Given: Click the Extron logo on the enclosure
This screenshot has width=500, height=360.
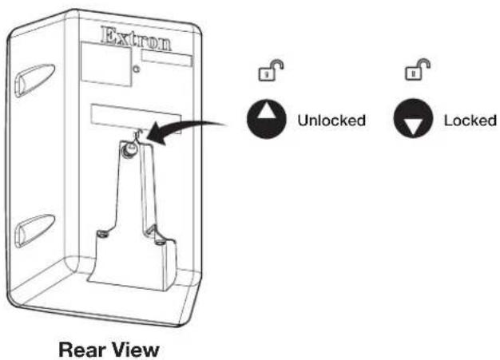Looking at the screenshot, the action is [136, 39].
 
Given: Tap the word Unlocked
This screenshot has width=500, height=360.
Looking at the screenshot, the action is [331, 121].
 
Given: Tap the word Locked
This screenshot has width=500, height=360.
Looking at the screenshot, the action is [470, 121].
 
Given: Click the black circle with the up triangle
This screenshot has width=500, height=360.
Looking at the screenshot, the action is [267, 119].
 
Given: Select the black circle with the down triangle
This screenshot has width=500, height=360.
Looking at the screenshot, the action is [413, 118].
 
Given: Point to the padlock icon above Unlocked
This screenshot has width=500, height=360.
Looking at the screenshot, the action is [271, 69].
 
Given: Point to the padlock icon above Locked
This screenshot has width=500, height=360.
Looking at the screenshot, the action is [418, 69].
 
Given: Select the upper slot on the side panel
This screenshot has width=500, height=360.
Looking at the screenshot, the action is [35, 80].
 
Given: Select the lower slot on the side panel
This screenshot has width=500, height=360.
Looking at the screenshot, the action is [35, 231].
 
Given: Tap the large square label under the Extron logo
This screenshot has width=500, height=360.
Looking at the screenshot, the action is [106, 65].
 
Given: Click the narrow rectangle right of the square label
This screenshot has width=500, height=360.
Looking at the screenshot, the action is [167, 58].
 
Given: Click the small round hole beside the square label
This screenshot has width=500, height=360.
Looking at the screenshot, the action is [137, 69].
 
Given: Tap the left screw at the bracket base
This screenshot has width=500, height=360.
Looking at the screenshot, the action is [103, 234].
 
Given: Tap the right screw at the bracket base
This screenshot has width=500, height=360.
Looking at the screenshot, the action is [160, 243].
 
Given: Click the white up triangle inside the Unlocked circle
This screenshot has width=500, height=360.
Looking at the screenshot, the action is [267, 110].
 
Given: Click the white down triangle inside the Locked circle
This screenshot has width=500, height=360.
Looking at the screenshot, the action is [413, 127].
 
